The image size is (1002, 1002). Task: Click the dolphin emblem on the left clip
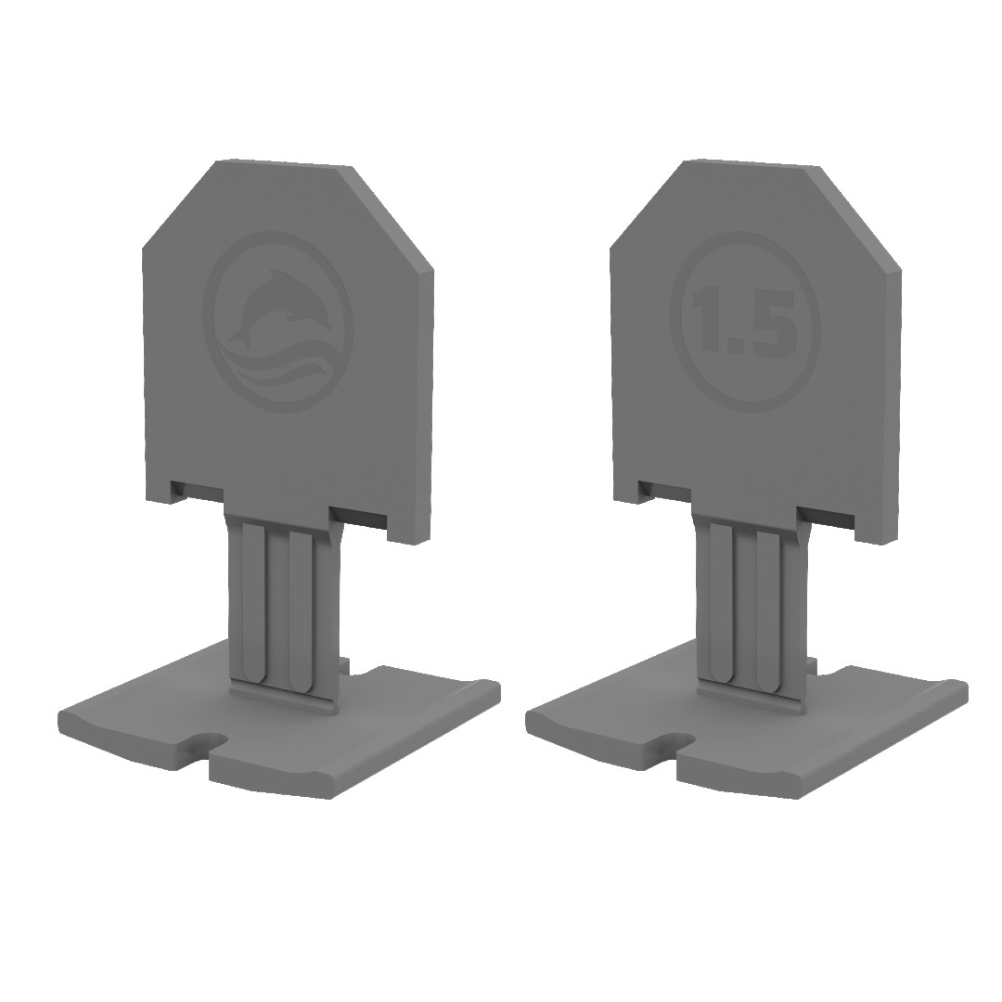(278, 322)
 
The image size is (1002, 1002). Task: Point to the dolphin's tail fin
(238, 338)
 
